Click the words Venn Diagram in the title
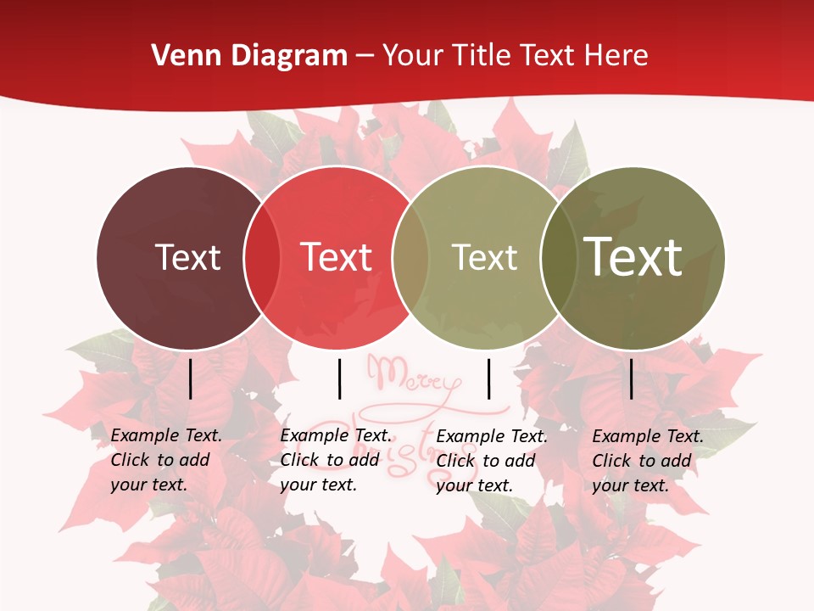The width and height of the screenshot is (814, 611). pos(249,56)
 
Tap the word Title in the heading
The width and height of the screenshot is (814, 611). pos(483,56)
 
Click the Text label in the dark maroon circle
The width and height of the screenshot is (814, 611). pos(187,257)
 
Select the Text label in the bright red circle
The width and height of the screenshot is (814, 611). pos(336,257)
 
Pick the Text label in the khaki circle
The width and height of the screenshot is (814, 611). pos(484,257)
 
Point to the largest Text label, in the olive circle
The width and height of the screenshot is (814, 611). pos(633,256)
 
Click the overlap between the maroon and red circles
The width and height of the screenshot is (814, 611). pos(262,257)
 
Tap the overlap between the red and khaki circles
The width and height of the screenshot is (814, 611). pos(410,257)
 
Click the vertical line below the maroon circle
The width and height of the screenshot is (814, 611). pos(191,378)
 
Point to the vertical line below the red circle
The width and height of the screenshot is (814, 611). pos(339,378)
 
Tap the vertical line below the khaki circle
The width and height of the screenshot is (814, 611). pos(488,378)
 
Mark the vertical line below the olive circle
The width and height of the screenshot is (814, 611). pos(632,378)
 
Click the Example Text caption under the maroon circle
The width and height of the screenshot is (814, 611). pos(165,460)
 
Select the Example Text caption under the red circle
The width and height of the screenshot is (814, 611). pos(335,460)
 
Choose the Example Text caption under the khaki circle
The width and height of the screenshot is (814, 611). pos(491,461)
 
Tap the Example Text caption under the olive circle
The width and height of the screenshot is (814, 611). pos(647,461)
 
